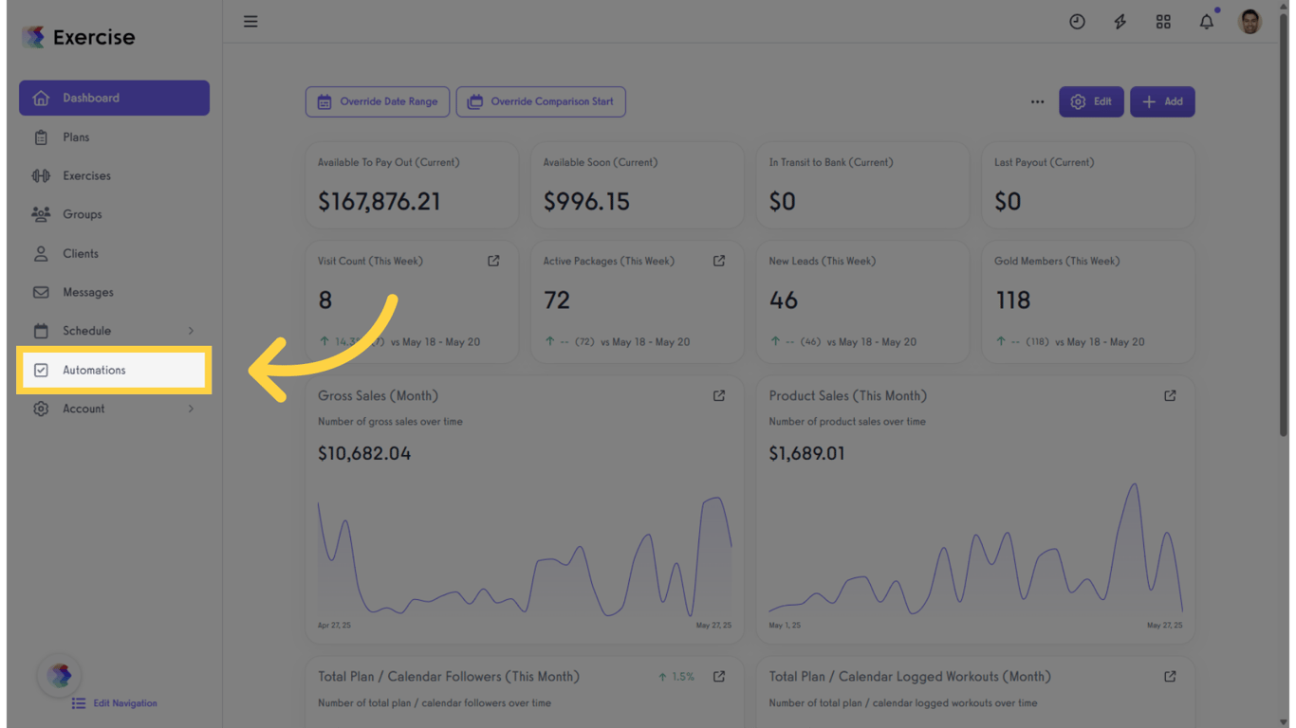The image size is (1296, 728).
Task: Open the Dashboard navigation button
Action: coord(114,98)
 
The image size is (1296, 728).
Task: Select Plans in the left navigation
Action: coord(76,137)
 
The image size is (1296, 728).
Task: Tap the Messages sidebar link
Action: coord(87,292)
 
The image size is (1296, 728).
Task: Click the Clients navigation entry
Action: coord(80,253)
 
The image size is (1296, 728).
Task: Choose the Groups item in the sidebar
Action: coord(82,214)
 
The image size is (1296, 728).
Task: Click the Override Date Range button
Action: coord(378,101)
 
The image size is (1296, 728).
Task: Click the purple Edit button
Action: coord(1091,101)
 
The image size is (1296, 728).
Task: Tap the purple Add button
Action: coord(1162,101)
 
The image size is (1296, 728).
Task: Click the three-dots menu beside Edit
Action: coord(1037,101)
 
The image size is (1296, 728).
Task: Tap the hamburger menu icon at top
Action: coord(250,21)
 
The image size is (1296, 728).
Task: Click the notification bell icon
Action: coord(1206,22)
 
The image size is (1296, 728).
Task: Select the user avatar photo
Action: coord(1250,22)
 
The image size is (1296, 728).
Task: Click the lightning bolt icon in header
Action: coord(1120,22)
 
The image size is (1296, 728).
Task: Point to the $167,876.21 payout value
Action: coord(379,201)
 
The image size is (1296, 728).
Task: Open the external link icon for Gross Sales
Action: coord(719,395)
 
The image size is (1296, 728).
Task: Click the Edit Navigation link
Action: coord(124,703)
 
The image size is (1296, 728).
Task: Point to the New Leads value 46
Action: coord(783,300)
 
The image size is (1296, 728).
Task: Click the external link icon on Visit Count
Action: coord(493,261)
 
